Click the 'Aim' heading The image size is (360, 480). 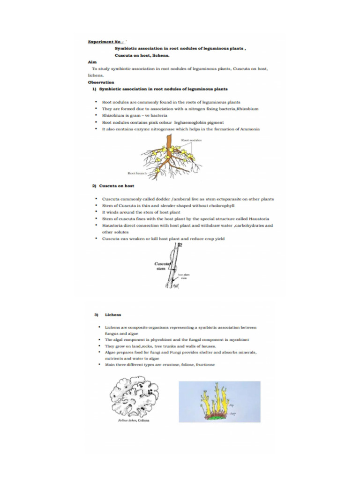92,62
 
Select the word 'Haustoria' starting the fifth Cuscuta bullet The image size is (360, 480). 112,225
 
